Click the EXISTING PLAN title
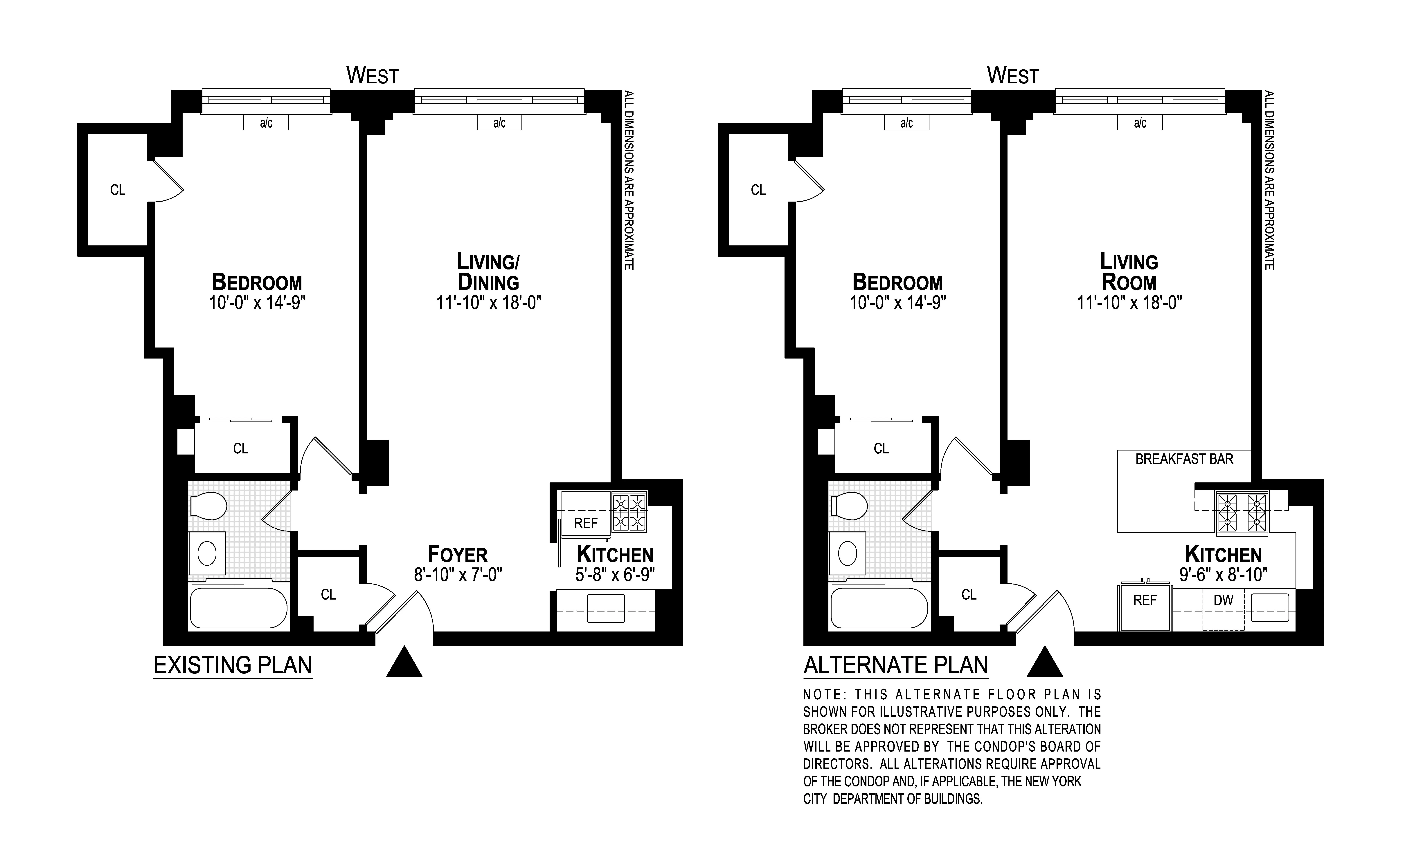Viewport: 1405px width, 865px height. (x=233, y=665)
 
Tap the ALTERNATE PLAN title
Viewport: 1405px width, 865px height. (x=896, y=665)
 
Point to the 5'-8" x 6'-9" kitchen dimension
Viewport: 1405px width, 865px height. (x=615, y=574)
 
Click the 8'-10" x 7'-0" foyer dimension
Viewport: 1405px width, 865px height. (x=458, y=574)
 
